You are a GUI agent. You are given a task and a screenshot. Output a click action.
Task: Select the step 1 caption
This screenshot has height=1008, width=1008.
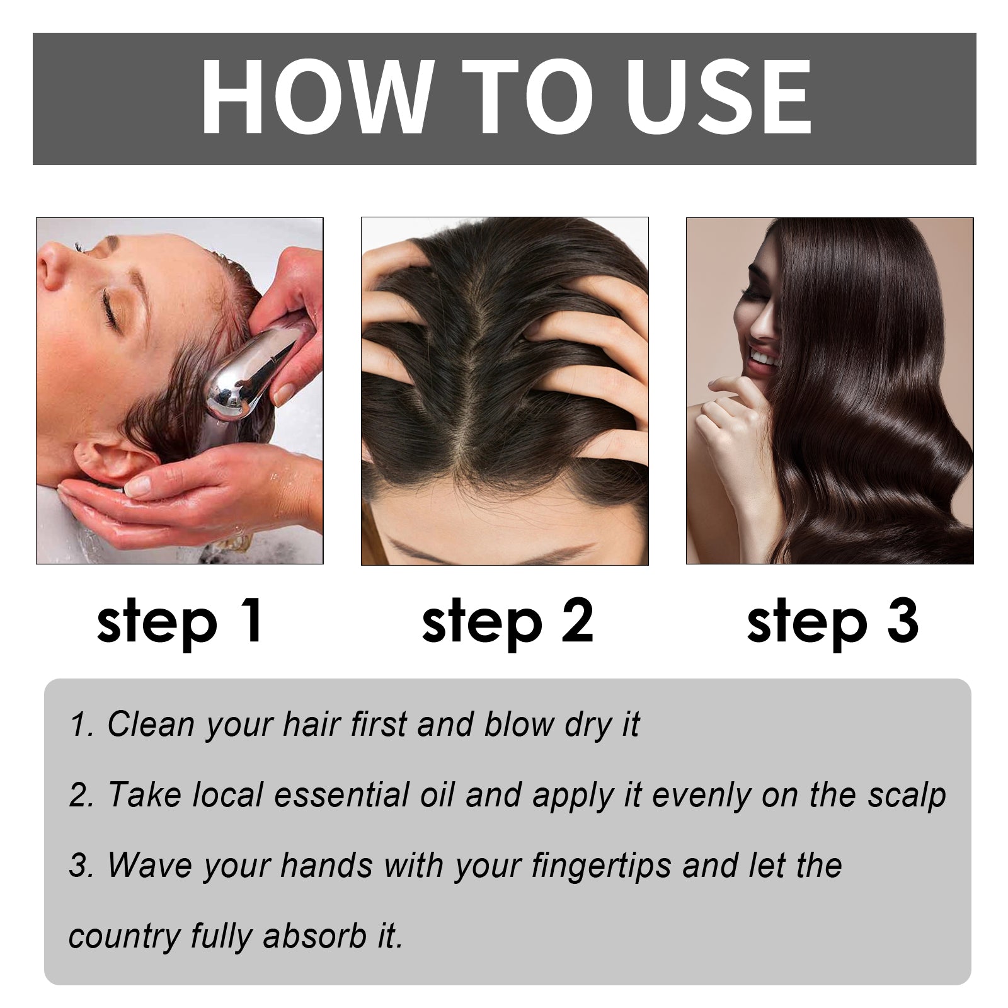(x=180, y=622)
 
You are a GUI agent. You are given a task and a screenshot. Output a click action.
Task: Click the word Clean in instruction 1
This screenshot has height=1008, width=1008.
(x=151, y=724)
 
